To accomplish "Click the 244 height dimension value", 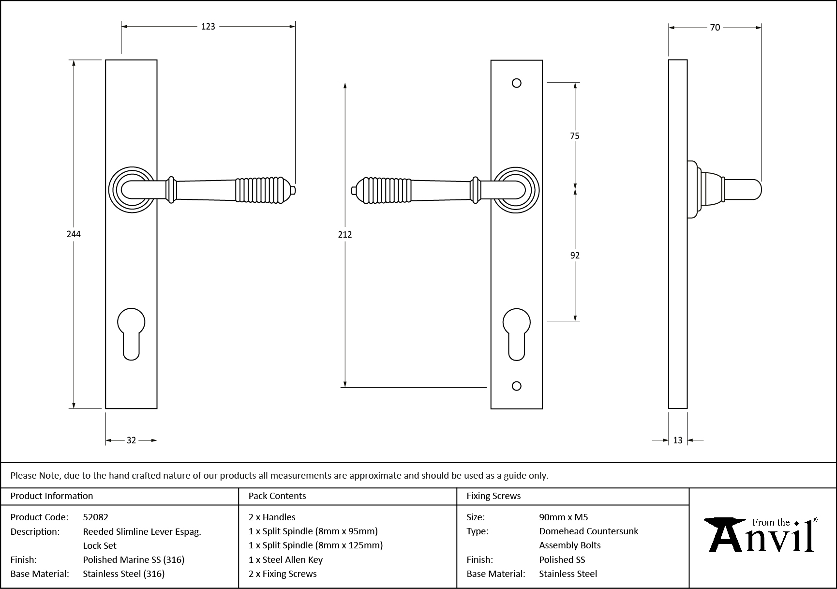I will pyautogui.click(x=74, y=234).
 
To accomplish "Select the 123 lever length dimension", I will pyautogui.click(x=208, y=27).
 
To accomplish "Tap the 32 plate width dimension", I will pyautogui.click(x=131, y=440).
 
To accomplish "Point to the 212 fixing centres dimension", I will pyautogui.click(x=345, y=235).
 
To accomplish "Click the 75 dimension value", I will pyautogui.click(x=574, y=136).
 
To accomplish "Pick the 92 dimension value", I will pyautogui.click(x=575, y=256).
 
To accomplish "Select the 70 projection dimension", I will pyautogui.click(x=715, y=28).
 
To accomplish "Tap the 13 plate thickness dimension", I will pyautogui.click(x=677, y=440).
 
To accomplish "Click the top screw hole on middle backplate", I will pyautogui.click(x=516, y=83).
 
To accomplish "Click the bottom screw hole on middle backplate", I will pyautogui.click(x=516, y=386).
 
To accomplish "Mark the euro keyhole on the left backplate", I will pyautogui.click(x=131, y=334).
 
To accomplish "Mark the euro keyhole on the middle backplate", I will pyautogui.click(x=516, y=334).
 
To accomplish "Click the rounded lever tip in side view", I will pyautogui.click(x=755, y=190).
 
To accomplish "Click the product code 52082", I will pyautogui.click(x=96, y=517).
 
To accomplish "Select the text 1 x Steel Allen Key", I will pyautogui.click(x=285, y=559).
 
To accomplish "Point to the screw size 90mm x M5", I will pyautogui.click(x=563, y=517).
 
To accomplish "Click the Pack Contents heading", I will pyautogui.click(x=277, y=496).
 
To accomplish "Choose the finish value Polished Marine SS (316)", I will pyautogui.click(x=134, y=559).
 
